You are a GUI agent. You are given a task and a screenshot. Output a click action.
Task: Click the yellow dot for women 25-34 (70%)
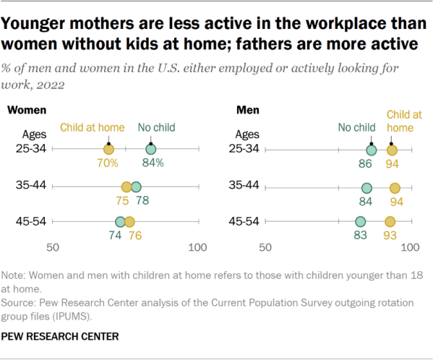108,150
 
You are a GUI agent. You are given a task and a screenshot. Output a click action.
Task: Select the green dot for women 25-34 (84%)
151,150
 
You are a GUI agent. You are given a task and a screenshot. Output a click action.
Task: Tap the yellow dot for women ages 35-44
127,187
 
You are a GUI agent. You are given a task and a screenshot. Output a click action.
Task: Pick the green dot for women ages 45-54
120,222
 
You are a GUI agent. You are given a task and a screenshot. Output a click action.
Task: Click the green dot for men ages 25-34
371,150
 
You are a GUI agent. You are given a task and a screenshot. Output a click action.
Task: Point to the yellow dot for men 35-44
395,188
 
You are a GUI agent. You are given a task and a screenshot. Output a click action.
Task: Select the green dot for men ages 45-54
361,221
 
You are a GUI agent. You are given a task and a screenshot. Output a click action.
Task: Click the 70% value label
108,163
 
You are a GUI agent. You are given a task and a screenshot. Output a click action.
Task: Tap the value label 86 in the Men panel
365,164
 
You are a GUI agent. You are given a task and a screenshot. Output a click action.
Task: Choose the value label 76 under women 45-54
135,236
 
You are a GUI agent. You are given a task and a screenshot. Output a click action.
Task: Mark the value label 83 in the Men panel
361,235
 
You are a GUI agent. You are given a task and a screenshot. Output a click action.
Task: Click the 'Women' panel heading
27,110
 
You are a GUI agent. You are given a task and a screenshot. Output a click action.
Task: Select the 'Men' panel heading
248,110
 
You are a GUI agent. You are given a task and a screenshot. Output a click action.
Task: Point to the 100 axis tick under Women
197,247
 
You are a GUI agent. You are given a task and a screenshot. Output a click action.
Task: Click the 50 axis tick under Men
265,247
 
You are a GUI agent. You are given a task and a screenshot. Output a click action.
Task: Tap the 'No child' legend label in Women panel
157,127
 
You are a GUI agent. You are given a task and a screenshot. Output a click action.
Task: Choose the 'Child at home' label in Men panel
404,121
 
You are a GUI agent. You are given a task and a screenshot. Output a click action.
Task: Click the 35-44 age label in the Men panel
244,185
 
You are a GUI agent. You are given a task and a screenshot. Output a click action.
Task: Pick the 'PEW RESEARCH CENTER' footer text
60,337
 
